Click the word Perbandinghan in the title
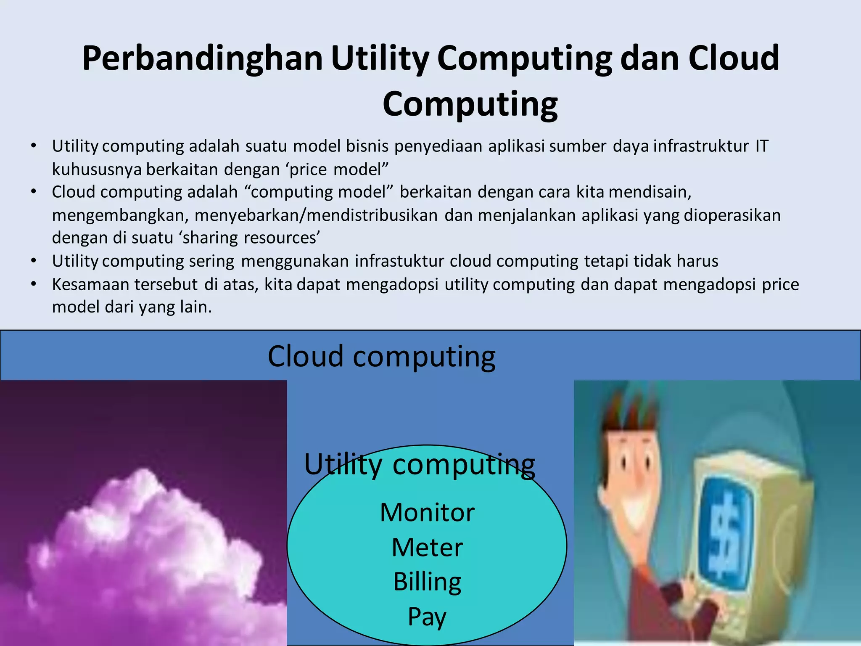click(x=202, y=59)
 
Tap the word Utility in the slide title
click(x=380, y=59)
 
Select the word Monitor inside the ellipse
click(x=427, y=513)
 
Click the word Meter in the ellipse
click(x=427, y=548)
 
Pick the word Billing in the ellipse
click(x=427, y=582)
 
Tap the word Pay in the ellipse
click(x=427, y=617)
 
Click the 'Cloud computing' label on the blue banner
click(x=381, y=357)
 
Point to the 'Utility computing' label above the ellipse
click(x=420, y=465)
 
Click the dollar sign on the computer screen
click(x=724, y=534)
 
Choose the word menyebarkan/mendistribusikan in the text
click(x=316, y=215)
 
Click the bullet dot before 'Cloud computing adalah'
click(x=34, y=192)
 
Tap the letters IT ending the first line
click(x=762, y=146)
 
